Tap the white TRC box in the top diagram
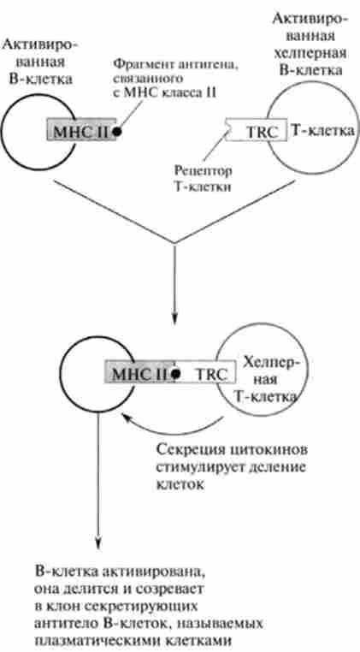tap(256, 130)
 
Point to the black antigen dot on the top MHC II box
tap(118, 131)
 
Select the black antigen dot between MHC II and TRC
tap(176, 373)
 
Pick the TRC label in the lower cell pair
tap(211, 374)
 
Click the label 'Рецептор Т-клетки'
tap(203, 178)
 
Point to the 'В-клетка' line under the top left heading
tap(41, 79)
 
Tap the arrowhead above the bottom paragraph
tap(98, 543)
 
